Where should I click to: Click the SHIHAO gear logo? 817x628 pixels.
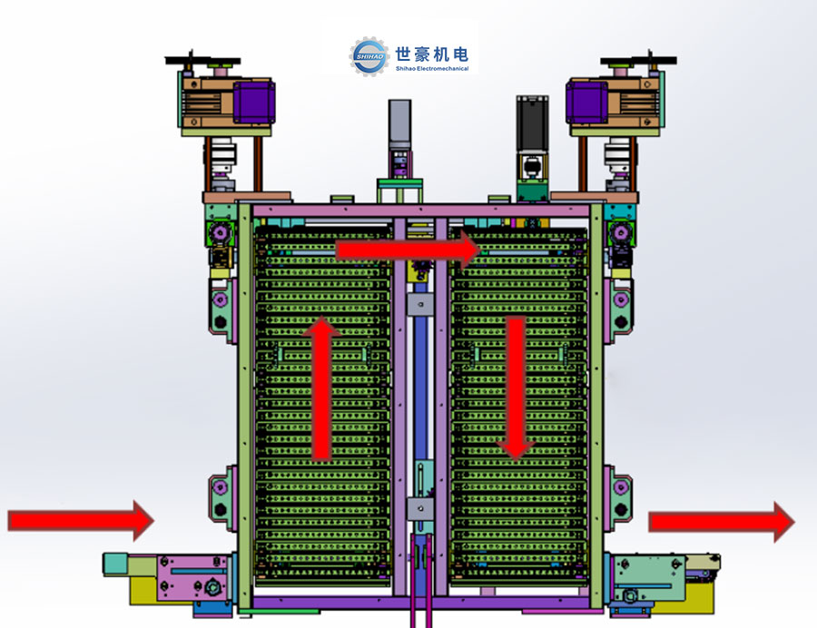[369, 56]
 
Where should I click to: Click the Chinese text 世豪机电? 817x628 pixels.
[431, 54]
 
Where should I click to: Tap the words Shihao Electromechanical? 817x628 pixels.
[431, 68]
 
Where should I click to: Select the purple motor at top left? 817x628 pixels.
[254, 102]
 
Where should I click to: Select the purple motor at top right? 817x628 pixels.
[586, 102]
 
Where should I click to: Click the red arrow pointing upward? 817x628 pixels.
[322, 388]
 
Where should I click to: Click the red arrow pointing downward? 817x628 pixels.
[516, 388]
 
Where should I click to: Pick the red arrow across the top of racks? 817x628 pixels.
[408, 250]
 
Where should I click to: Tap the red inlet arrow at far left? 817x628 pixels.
[81, 520]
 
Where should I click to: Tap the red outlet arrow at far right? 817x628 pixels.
[722, 522]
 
